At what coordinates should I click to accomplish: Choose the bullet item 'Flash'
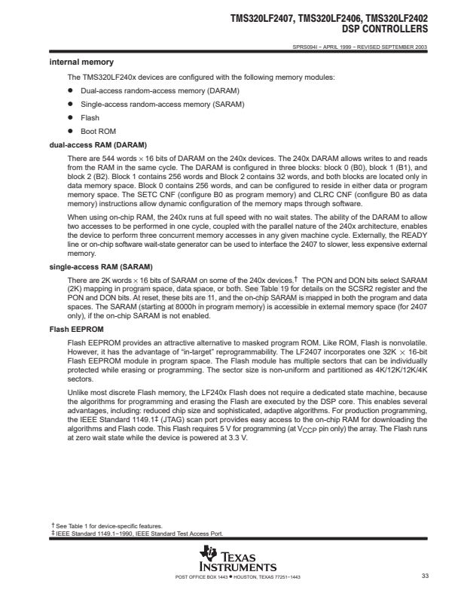click(x=90, y=117)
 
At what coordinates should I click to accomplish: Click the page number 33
click(x=425, y=576)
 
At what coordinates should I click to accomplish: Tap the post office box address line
click(x=232, y=576)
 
